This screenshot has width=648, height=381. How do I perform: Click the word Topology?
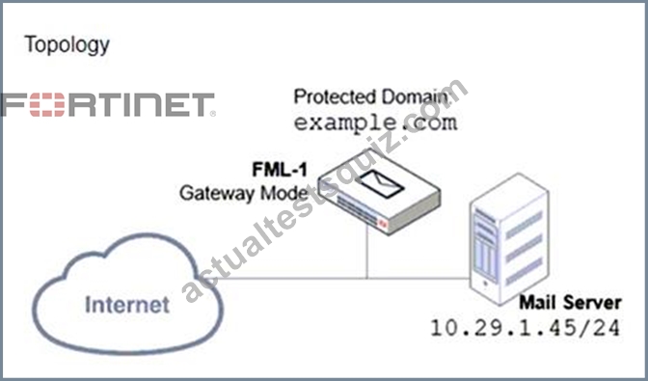tap(67, 44)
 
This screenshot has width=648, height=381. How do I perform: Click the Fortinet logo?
tap(108, 104)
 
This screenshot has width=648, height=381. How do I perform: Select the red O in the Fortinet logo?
tap(47, 104)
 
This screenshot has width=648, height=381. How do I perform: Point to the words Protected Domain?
tap(371, 97)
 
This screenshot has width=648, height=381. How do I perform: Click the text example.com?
tap(376, 122)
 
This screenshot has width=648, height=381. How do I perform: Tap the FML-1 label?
tap(280, 169)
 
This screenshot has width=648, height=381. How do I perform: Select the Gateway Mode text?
tap(244, 193)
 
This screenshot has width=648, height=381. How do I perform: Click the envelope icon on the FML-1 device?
tap(381, 183)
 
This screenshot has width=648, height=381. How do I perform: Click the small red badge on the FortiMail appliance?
tap(384, 225)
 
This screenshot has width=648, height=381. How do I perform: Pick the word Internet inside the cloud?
tap(127, 305)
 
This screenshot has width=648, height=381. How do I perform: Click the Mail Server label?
tap(570, 303)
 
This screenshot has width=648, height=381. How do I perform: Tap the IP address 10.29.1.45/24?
tap(526, 328)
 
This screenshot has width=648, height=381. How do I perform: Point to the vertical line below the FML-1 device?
tap(366, 252)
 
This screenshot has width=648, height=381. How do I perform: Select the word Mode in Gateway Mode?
tap(284, 193)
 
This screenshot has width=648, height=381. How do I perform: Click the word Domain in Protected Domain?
tap(415, 97)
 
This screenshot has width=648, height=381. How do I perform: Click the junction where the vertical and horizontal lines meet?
tap(366, 279)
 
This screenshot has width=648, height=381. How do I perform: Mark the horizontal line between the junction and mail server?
tap(418, 279)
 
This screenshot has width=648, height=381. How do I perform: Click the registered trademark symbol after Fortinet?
tap(213, 113)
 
